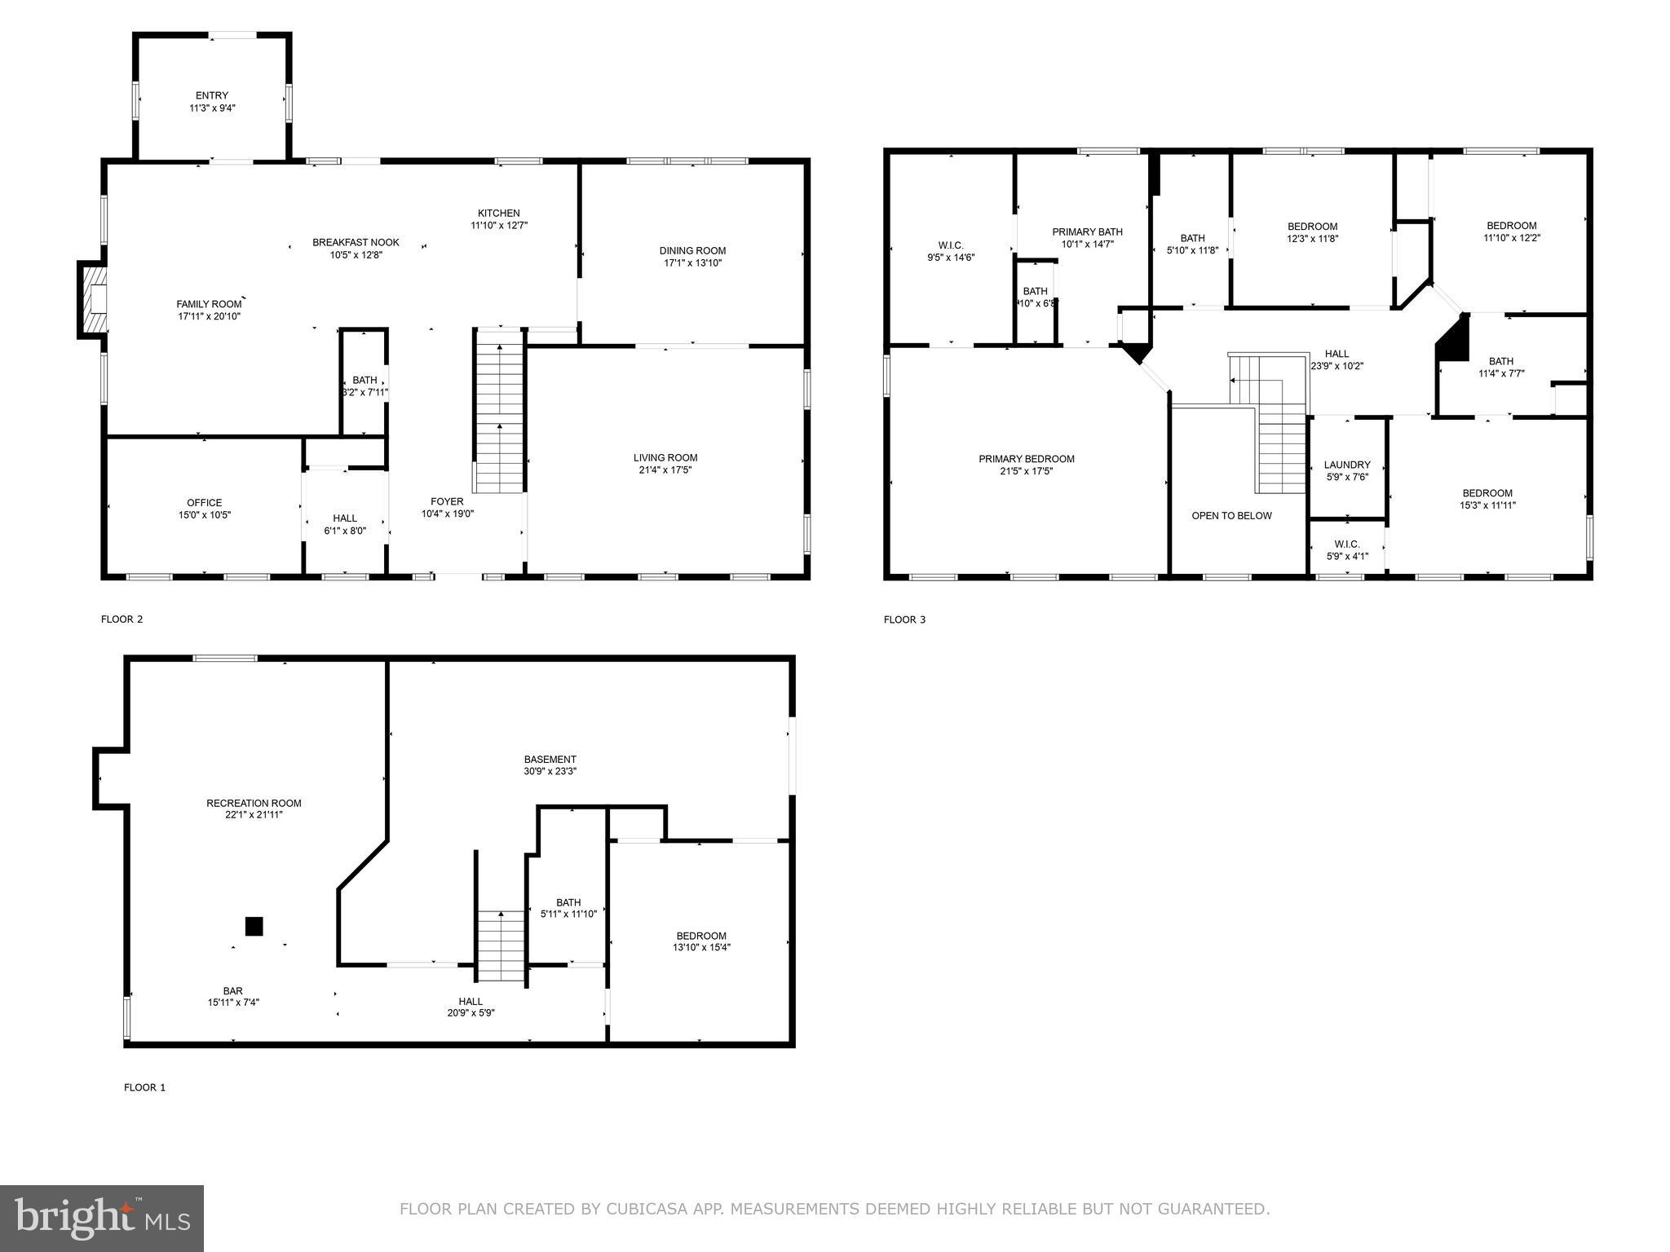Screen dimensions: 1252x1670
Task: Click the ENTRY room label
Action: pos(212,96)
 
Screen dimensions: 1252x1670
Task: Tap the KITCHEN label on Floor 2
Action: pos(498,214)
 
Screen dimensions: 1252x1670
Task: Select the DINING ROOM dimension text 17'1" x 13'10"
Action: pos(692,263)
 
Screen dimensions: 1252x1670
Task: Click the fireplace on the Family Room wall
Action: pos(94,298)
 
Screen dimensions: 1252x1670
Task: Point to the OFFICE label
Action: pos(204,503)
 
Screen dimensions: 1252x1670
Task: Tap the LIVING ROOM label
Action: pos(665,458)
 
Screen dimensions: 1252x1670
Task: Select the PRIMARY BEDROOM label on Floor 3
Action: pos(1026,459)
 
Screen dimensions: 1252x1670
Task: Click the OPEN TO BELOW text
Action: pos(1231,516)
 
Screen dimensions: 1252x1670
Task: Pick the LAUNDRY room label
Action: pos(1347,465)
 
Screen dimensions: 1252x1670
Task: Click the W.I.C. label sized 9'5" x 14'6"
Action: pos(951,245)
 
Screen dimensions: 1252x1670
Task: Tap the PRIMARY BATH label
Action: pos(1087,232)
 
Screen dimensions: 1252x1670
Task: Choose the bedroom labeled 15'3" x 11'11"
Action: pos(1487,499)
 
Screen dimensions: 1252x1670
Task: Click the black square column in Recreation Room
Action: pos(254,927)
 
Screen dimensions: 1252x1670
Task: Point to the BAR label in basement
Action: pos(233,992)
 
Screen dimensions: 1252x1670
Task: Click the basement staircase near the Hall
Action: pos(501,946)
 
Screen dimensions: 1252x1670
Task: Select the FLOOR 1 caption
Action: pos(144,1087)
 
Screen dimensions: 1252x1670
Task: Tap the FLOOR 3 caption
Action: pos(904,619)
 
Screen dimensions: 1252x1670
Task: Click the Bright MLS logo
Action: pos(102,1218)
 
